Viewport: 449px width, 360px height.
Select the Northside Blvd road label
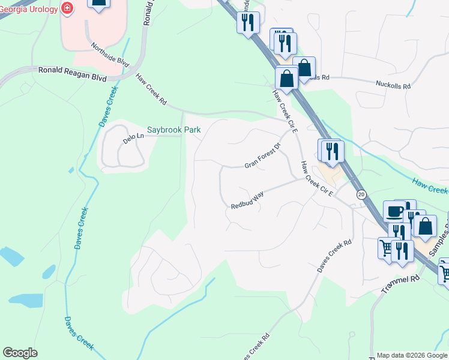110,53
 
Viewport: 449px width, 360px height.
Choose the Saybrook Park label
174,130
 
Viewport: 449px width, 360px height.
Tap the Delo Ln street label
134,137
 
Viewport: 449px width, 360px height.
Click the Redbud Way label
247,201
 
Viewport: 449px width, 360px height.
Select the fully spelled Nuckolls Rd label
393,86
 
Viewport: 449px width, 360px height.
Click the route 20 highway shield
361,194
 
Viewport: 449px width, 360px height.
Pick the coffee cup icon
394,212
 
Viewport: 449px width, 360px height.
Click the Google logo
20,353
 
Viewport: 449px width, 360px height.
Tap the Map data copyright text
412,355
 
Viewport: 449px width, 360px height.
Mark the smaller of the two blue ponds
10,256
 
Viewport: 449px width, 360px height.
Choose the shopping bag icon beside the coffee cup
425,227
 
